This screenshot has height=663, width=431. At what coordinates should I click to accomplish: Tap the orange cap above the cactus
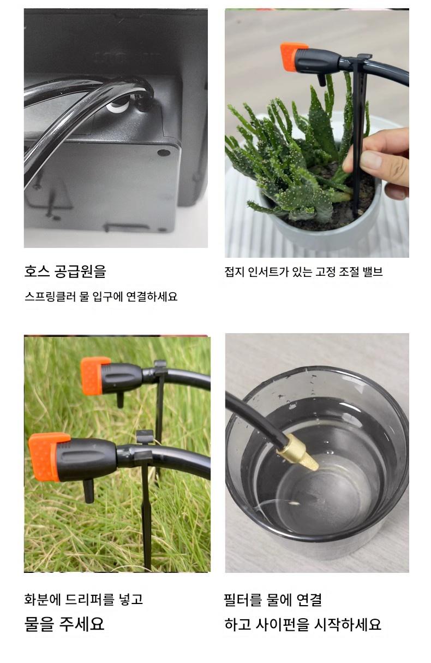tap(293, 57)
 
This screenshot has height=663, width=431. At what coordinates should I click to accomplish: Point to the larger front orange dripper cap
tap(48, 457)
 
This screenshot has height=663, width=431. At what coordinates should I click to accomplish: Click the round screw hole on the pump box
tap(164, 153)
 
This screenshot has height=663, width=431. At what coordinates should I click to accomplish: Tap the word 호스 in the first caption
tap(37, 271)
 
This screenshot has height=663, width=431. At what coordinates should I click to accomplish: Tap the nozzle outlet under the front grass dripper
tap(87, 491)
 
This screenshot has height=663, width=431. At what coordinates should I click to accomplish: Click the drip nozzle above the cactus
tap(321, 80)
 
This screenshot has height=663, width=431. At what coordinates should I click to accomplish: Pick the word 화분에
tap(42, 597)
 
